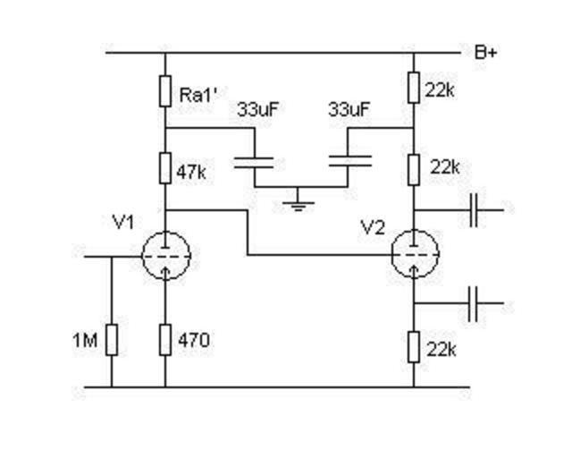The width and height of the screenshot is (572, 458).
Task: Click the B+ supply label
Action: click(486, 53)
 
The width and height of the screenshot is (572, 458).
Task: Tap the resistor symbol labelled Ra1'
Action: click(165, 90)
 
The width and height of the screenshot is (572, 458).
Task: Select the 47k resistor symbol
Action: click(165, 166)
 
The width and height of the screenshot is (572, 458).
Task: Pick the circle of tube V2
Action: click(415, 254)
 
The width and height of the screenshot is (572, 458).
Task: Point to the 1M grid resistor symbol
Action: click(112, 340)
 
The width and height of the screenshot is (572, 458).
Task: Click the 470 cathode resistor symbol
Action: click(165, 340)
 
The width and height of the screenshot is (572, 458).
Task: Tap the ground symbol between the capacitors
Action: click(299, 204)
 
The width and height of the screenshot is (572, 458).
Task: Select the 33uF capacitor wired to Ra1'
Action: click(255, 162)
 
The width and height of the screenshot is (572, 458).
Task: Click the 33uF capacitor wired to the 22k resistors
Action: click(349, 162)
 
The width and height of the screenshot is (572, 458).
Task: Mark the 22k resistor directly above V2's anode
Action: click(414, 166)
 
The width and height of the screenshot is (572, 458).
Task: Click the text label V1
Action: click(125, 222)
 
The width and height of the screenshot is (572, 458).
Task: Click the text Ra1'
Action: click(198, 92)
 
